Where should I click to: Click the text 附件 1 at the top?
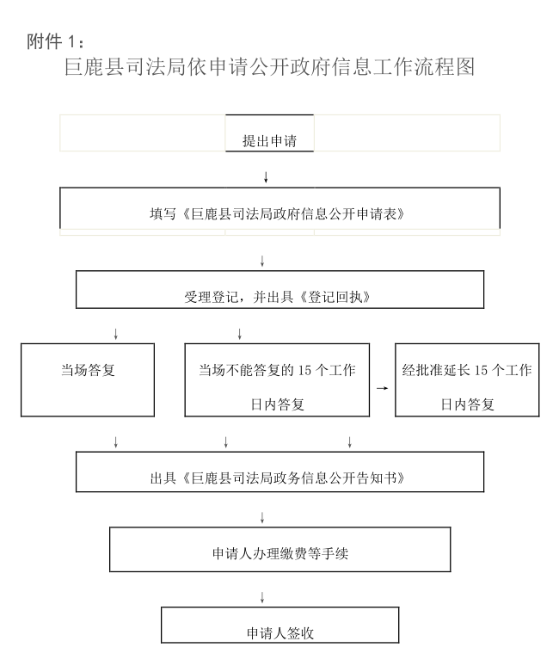[55, 41]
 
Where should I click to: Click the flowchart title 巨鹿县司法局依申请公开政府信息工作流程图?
[269, 67]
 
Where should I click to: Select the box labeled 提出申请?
[269, 133]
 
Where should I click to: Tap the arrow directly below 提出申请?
[266, 177]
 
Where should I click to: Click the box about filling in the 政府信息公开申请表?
[279, 208]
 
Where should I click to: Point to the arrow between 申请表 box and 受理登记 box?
[262, 261]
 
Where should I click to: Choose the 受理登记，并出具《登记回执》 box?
[279, 289]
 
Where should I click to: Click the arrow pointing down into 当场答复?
[115, 334]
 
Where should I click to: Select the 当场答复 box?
[88, 379]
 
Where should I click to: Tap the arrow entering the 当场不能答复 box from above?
[239, 334]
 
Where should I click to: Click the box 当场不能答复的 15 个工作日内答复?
[277, 379]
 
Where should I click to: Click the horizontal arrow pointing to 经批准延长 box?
[382, 388]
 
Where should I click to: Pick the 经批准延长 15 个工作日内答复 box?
[467, 379]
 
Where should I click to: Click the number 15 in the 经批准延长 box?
[481, 370]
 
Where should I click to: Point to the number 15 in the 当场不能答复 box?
[304, 370]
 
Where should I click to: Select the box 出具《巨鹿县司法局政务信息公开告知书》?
[279, 472]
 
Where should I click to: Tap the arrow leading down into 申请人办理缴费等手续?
[262, 517]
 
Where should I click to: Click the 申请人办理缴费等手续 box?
[279, 550]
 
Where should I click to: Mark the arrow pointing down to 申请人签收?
[262, 597]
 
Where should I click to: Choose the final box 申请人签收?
[279, 625]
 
